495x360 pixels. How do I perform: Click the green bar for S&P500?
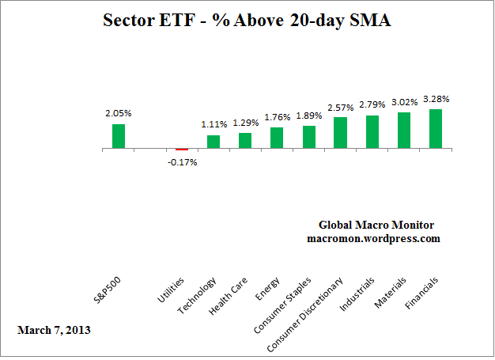pyautogui.click(x=119, y=136)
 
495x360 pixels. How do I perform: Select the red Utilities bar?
pyautogui.click(x=182, y=149)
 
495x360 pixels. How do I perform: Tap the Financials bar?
pyautogui.click(x=436, y=129)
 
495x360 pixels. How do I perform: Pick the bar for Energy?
pyautogui.click(x=277, y=138)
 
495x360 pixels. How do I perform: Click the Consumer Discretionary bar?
pyautogui.click(x=341, y=133)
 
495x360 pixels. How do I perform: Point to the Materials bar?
pyautogui.click(x=404, y=131)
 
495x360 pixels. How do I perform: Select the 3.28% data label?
pyautogui.click(x=435, y=100)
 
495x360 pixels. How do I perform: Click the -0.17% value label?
pyautogui.click(x=183, y=162)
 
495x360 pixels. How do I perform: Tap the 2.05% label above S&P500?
pyautogui.click(x=119, y=113)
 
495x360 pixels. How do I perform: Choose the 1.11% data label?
pyautogui.click(x=213, y=124)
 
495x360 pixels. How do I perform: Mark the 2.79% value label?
pyautogui.click(x=372, y=104)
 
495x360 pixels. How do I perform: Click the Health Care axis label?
pyautogui.click(x=224, y=297)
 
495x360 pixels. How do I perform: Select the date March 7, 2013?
pyautogui.click(x=54, y=328)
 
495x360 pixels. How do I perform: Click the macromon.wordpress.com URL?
pyautogui.click(x=374, y=238)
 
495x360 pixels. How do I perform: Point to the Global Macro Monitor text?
pyautogui.click(x=376, y=225)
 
